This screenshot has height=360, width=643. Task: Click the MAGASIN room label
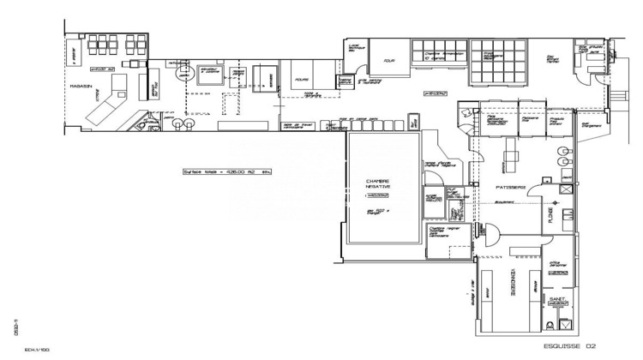[82, 87]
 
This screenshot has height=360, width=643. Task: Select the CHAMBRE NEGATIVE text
[379, 185]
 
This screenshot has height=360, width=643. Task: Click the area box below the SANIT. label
[557, 303]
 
